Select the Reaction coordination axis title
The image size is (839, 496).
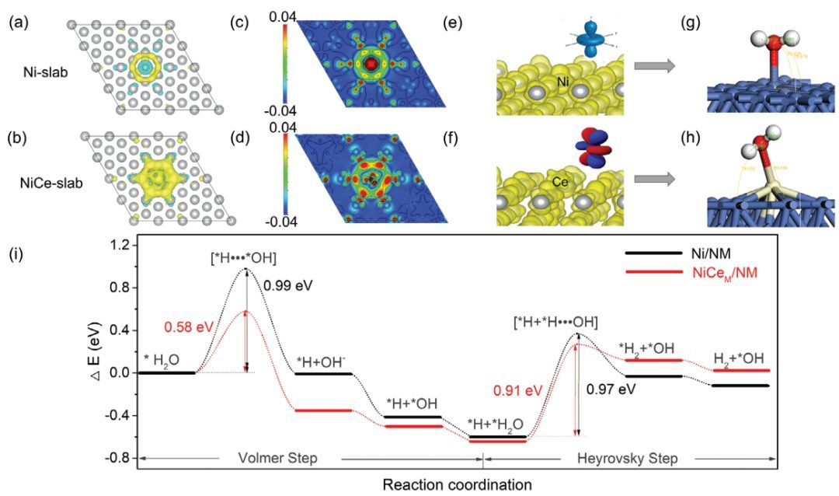pyautogui.click(x=457, y=484)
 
